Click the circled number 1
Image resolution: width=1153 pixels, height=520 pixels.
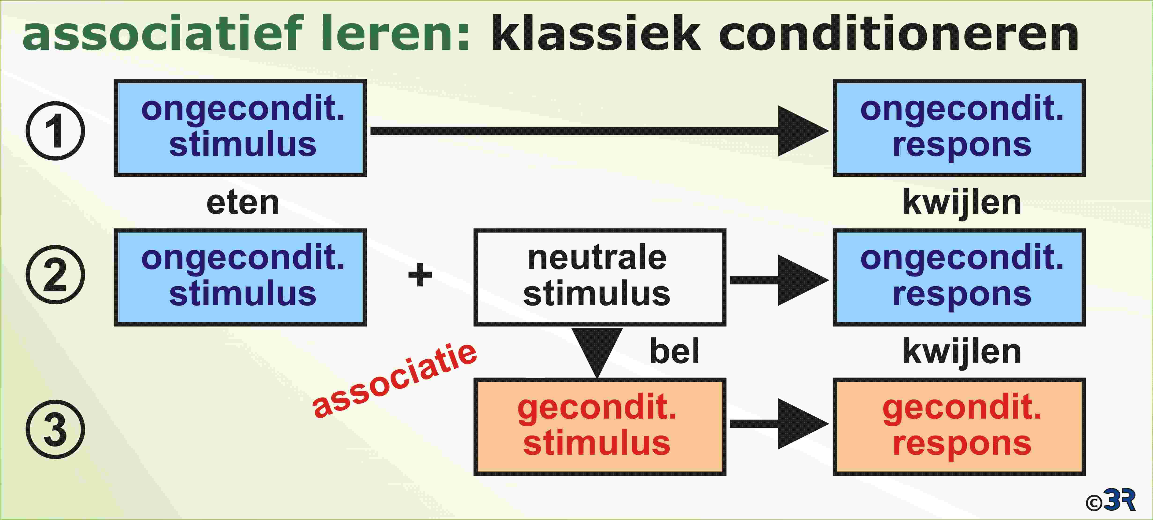point(55,131)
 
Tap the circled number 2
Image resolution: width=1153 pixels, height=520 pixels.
point(55,274)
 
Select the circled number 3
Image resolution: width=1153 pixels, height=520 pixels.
point(55,429)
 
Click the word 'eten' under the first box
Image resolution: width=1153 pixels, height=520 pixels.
point(243,203)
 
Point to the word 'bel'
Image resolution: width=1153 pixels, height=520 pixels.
point(674,351)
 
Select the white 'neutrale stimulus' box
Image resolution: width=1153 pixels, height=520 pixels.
point(600,277)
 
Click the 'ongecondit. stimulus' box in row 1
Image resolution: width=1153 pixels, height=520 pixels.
point(240,128)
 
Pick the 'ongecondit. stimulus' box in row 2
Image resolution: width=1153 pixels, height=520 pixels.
point(240,277)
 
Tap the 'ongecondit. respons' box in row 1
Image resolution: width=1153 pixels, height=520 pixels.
point(959,128)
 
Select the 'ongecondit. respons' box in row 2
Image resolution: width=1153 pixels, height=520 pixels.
point(959,277)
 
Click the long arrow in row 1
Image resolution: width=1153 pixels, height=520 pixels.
point(600,131)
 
